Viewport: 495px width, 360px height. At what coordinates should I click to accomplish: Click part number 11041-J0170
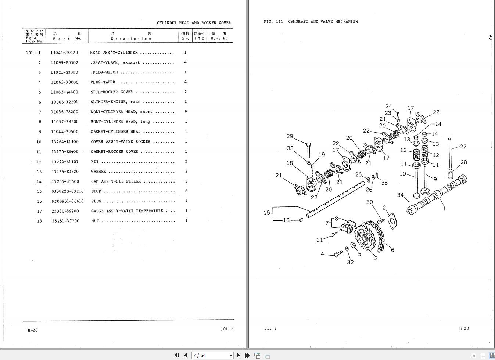tap(64, 53)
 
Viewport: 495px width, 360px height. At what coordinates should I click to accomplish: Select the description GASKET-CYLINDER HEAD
tap(115, 132)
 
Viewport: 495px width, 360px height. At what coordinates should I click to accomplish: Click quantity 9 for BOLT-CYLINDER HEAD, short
tap(186, 112)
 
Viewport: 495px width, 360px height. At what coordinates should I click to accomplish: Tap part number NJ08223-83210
tap(68, 191)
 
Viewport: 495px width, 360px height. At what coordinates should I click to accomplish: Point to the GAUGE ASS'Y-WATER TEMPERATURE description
tap(127, 211)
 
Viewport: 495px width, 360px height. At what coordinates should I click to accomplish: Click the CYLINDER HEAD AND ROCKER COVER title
tap(194, 23)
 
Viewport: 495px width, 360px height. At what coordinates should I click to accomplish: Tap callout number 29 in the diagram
tap(290, 136)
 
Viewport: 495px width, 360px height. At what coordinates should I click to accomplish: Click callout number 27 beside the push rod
tap(463, 147)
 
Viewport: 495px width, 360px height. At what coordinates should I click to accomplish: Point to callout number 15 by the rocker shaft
tap(267, 213)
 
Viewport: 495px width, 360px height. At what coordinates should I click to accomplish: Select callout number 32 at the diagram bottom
tap(350, 262)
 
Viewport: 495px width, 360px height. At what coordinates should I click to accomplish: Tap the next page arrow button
tap(238, 355)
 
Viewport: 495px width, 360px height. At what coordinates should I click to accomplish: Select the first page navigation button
tap(177, 355)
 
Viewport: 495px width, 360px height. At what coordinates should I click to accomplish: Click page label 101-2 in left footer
tap(227, 329)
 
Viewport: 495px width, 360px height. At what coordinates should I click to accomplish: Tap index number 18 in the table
tap(39, 221)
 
